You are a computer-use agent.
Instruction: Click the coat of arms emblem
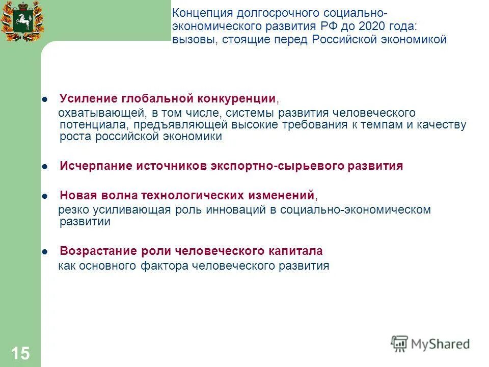coord(21,21)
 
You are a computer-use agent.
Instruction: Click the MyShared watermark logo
coord(430,344)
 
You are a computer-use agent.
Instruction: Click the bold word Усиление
coord(88,97)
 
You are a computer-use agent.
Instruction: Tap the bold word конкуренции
coord(238,97)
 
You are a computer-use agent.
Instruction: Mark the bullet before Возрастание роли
coord(45,251)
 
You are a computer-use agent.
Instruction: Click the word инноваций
coord(232,209)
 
